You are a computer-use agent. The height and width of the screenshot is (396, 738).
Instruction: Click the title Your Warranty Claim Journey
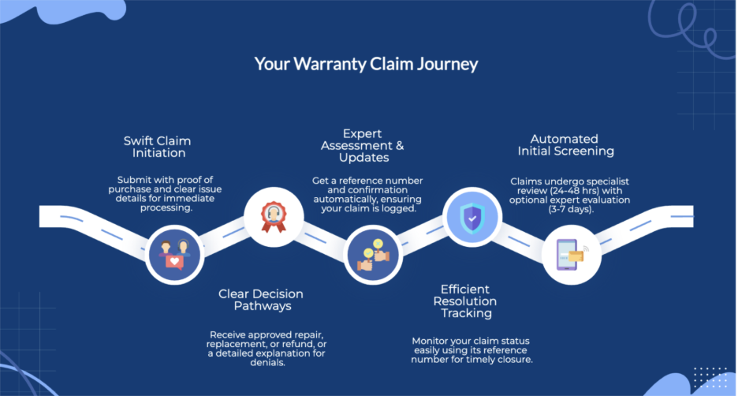click(x=366, y=64)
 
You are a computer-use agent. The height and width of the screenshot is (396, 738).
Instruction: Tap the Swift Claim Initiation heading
click(x=157, y=147)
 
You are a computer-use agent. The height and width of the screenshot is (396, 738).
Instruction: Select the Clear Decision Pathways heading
click(x=261, y=300)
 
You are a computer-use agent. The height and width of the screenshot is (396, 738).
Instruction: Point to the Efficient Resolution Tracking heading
click(x=465, y=301)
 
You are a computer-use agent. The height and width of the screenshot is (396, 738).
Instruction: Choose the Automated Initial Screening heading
click(x=565, y=145)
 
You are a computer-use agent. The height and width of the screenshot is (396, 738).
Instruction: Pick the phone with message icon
click(x=572, y=253)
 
